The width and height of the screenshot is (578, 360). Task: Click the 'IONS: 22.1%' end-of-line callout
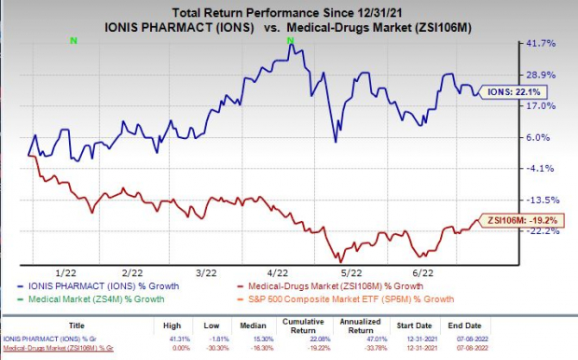(x=517, y=92)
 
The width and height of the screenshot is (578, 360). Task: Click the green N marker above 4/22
(x=290, y=38)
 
